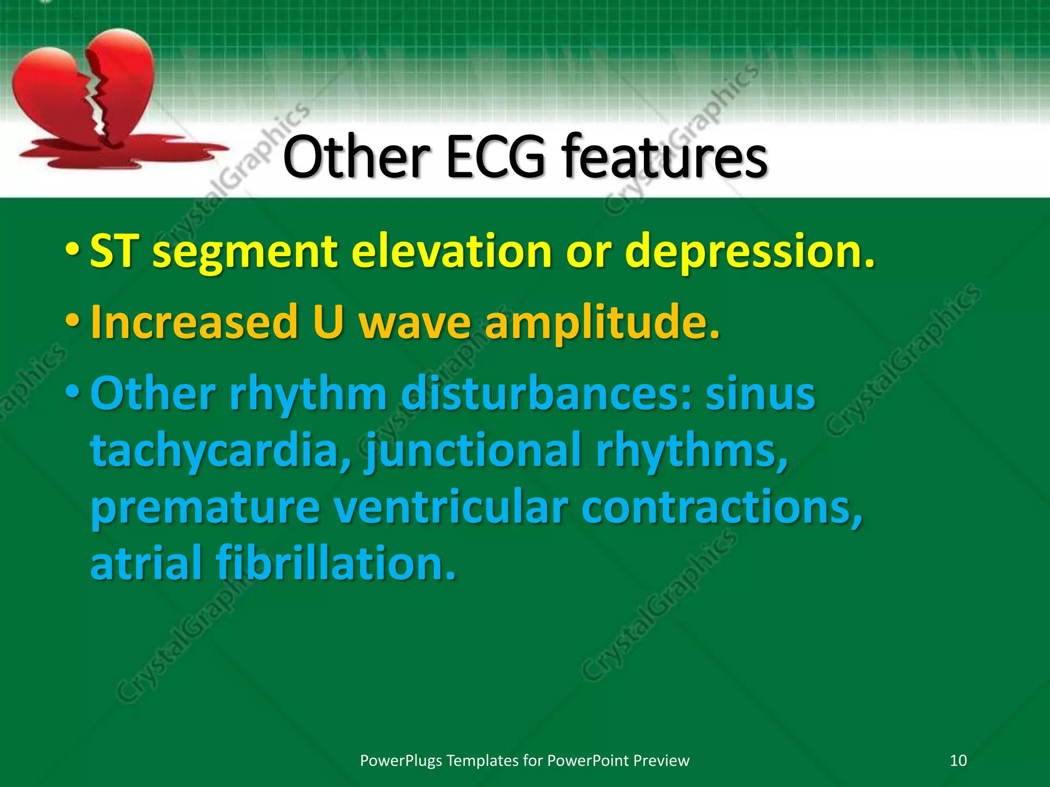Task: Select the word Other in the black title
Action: point(356,156)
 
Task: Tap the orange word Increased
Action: point(194,322)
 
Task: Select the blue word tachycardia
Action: point(221,451)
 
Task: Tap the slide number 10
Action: point(958,760)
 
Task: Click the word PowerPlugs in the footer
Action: point(401,760)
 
